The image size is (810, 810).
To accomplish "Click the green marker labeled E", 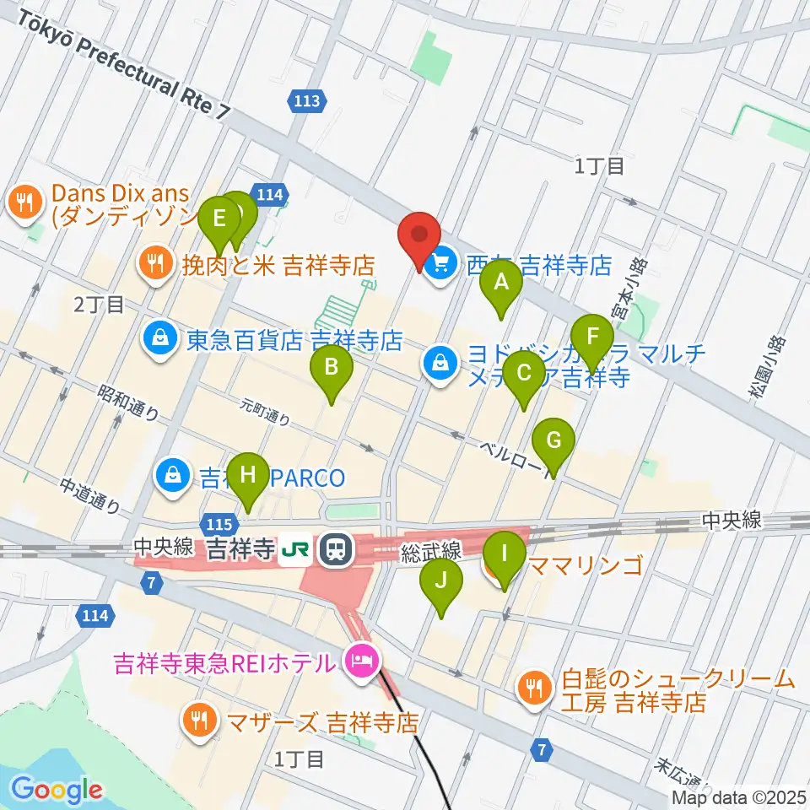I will pos(219,219).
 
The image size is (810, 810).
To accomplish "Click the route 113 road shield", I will pos(307,101).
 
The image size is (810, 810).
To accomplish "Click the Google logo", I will pos(57,789).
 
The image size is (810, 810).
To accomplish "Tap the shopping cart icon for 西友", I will pos(440,267).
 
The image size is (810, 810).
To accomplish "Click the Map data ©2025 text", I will pos(739,797).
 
